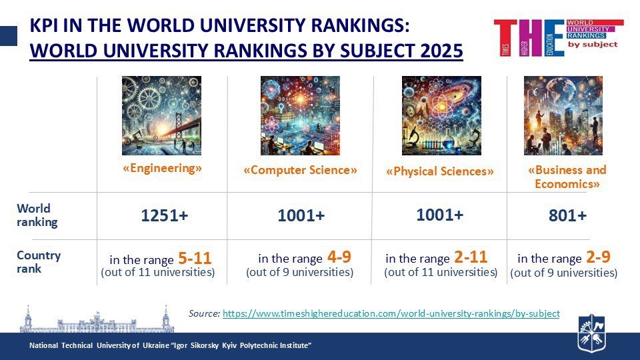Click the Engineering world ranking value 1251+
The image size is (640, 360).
pyautogui.click(x=164, y=216)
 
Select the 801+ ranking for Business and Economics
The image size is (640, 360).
pyautogui.click(x=567, y=216)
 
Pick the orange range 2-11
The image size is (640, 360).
pyautogui.click(x=470, y=257)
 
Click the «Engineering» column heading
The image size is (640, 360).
pyautogui.click(x=162, y=169)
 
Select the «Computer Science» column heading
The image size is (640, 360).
pyautogui.click(x=300, y=170)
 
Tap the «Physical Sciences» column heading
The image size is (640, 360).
pyautogui.click(x=440, y=171)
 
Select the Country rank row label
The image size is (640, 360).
pyautogui.click(x=39, y=262)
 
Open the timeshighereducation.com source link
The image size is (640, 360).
pyautogui.click(x=391, y=313)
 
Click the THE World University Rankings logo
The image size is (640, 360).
pyautogui.click(x=558, y=37)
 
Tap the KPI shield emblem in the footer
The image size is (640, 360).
pyautogui.click(x=591, y=332)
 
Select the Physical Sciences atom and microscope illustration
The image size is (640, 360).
pyautogui.click(x=441, y=115)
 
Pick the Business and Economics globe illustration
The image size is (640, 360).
pyautogui.click(x=563, y=115)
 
